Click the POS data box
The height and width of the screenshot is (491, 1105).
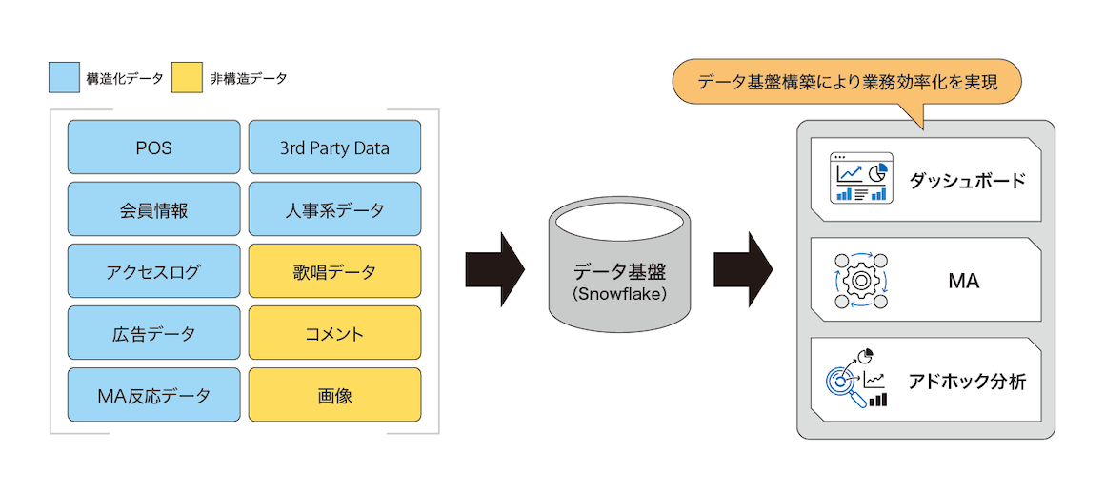153,147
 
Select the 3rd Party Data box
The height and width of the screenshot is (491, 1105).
334,147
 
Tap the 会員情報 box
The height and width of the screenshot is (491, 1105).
153,209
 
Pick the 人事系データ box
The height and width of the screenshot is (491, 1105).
334,209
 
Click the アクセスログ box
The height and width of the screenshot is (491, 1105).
153,271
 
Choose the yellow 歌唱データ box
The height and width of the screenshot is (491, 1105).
334,271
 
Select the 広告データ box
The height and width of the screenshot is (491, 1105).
153,333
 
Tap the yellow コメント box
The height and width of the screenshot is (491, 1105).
334,333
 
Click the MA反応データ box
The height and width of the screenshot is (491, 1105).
153,395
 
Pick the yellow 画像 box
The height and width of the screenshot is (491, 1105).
334,395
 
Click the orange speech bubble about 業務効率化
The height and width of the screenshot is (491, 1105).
847,83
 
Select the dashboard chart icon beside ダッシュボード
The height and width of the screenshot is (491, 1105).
860,178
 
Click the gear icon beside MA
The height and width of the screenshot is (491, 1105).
860,281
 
